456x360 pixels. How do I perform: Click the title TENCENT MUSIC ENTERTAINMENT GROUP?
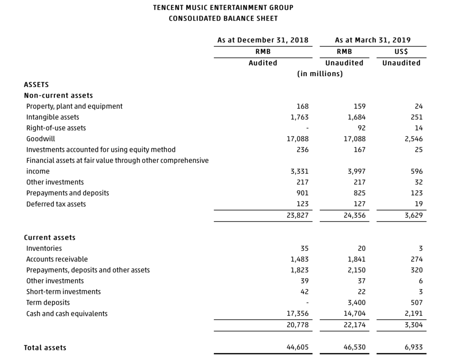(x=223, y=7)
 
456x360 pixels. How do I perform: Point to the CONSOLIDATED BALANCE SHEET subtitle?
(x=223, y=18)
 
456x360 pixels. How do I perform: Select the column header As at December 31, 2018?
(x=263, y=40)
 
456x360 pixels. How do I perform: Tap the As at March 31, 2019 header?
(x=373, y=40)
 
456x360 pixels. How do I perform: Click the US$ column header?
(x=401, y=52)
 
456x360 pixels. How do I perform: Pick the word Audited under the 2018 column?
(x=263, y=63)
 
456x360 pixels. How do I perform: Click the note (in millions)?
(x=320, y=73)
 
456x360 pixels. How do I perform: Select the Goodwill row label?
(x=41, y=139)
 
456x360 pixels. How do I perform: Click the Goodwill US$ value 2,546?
(x=414, y=139)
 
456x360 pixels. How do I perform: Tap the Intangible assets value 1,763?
(x=300, y=117)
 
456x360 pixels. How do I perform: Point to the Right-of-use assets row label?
(x=56, y=128)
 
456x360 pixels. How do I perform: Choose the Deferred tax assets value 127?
(x=359, y=204)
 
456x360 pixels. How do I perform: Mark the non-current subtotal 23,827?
(x=297, y=215)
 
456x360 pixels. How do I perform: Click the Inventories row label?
(x=44, y=248)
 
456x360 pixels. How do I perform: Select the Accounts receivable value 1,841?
(x=357, y=259)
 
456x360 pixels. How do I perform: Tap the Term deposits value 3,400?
(x=357, y=303)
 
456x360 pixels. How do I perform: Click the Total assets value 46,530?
(x=354, y=347)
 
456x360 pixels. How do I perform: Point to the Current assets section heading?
(x=49, y=237)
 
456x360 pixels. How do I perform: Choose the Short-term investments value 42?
(x=305, y=292)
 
